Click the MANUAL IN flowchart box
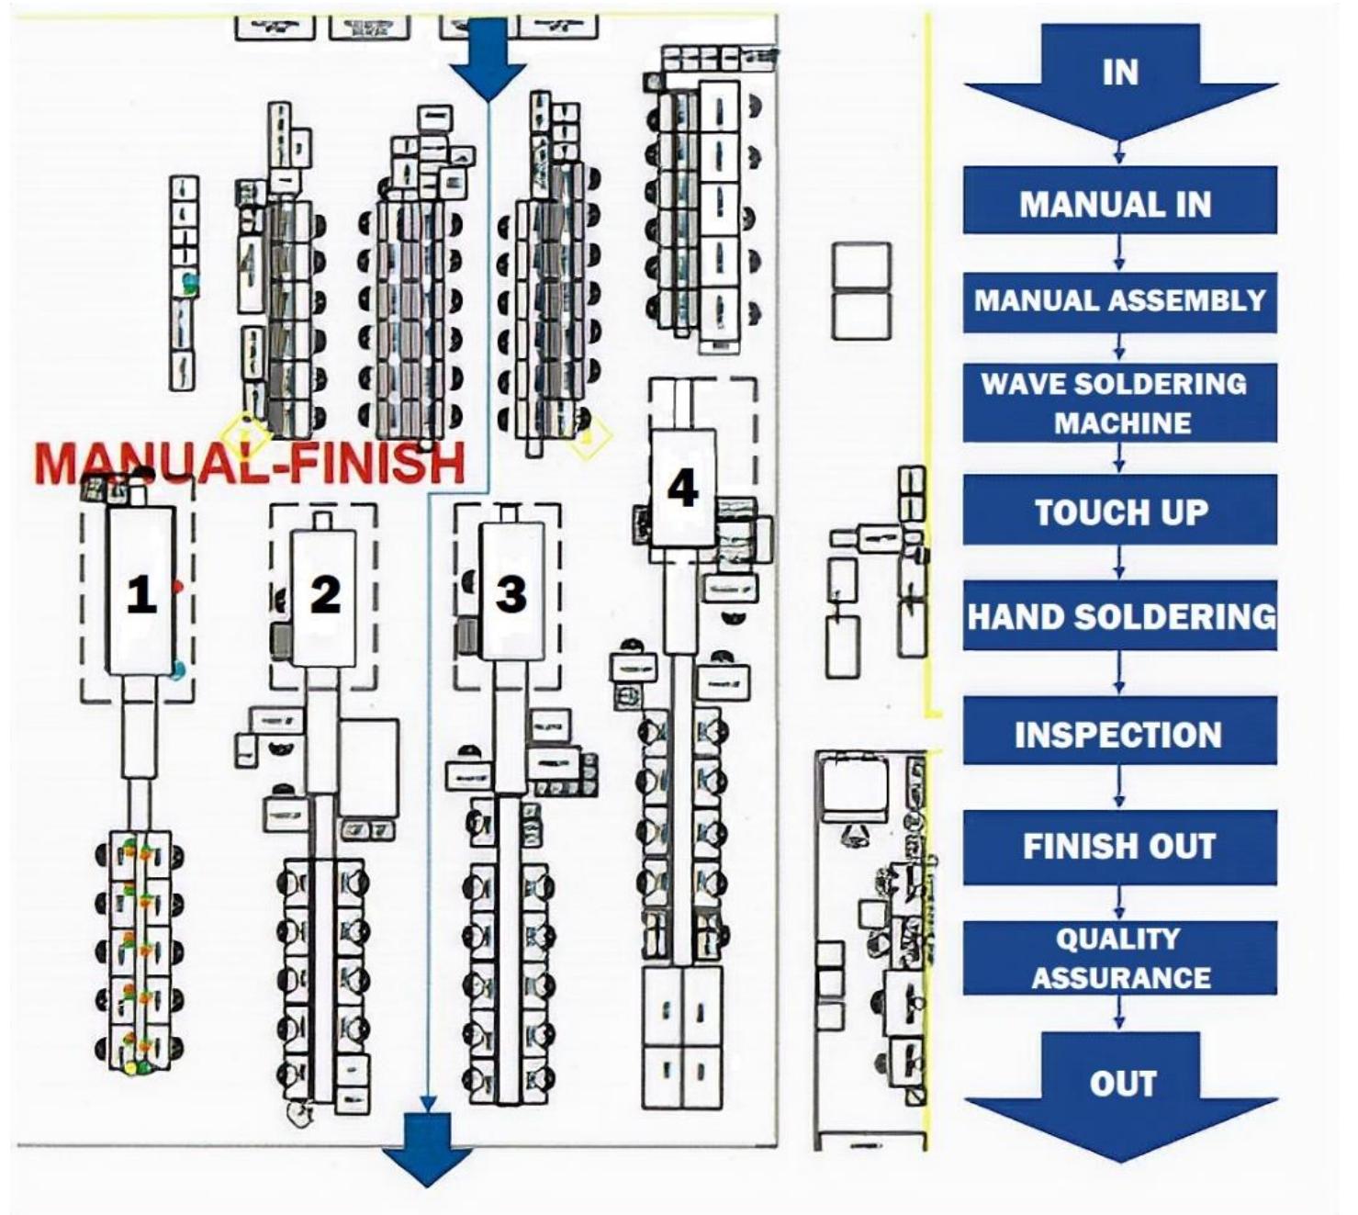[x=1119, y=200]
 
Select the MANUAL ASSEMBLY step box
[x=1119, y=302]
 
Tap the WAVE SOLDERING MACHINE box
[x=1119, y=403]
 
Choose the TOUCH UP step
[x=1119, y=510]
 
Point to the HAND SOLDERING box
[x=1119, y=615]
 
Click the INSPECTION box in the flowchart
[x=1119, y=731]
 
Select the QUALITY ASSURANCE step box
[x=1119, y=958]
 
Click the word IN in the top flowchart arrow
[x=1120, y=72]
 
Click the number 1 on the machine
[x=141, y=594]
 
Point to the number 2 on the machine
[x=326, y=594]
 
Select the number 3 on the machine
[x=511, y=594]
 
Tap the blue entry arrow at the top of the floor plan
[x=488, y=59]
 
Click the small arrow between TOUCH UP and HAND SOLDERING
[x=1119, y=562]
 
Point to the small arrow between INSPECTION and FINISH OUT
[x=1119, y=787]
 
